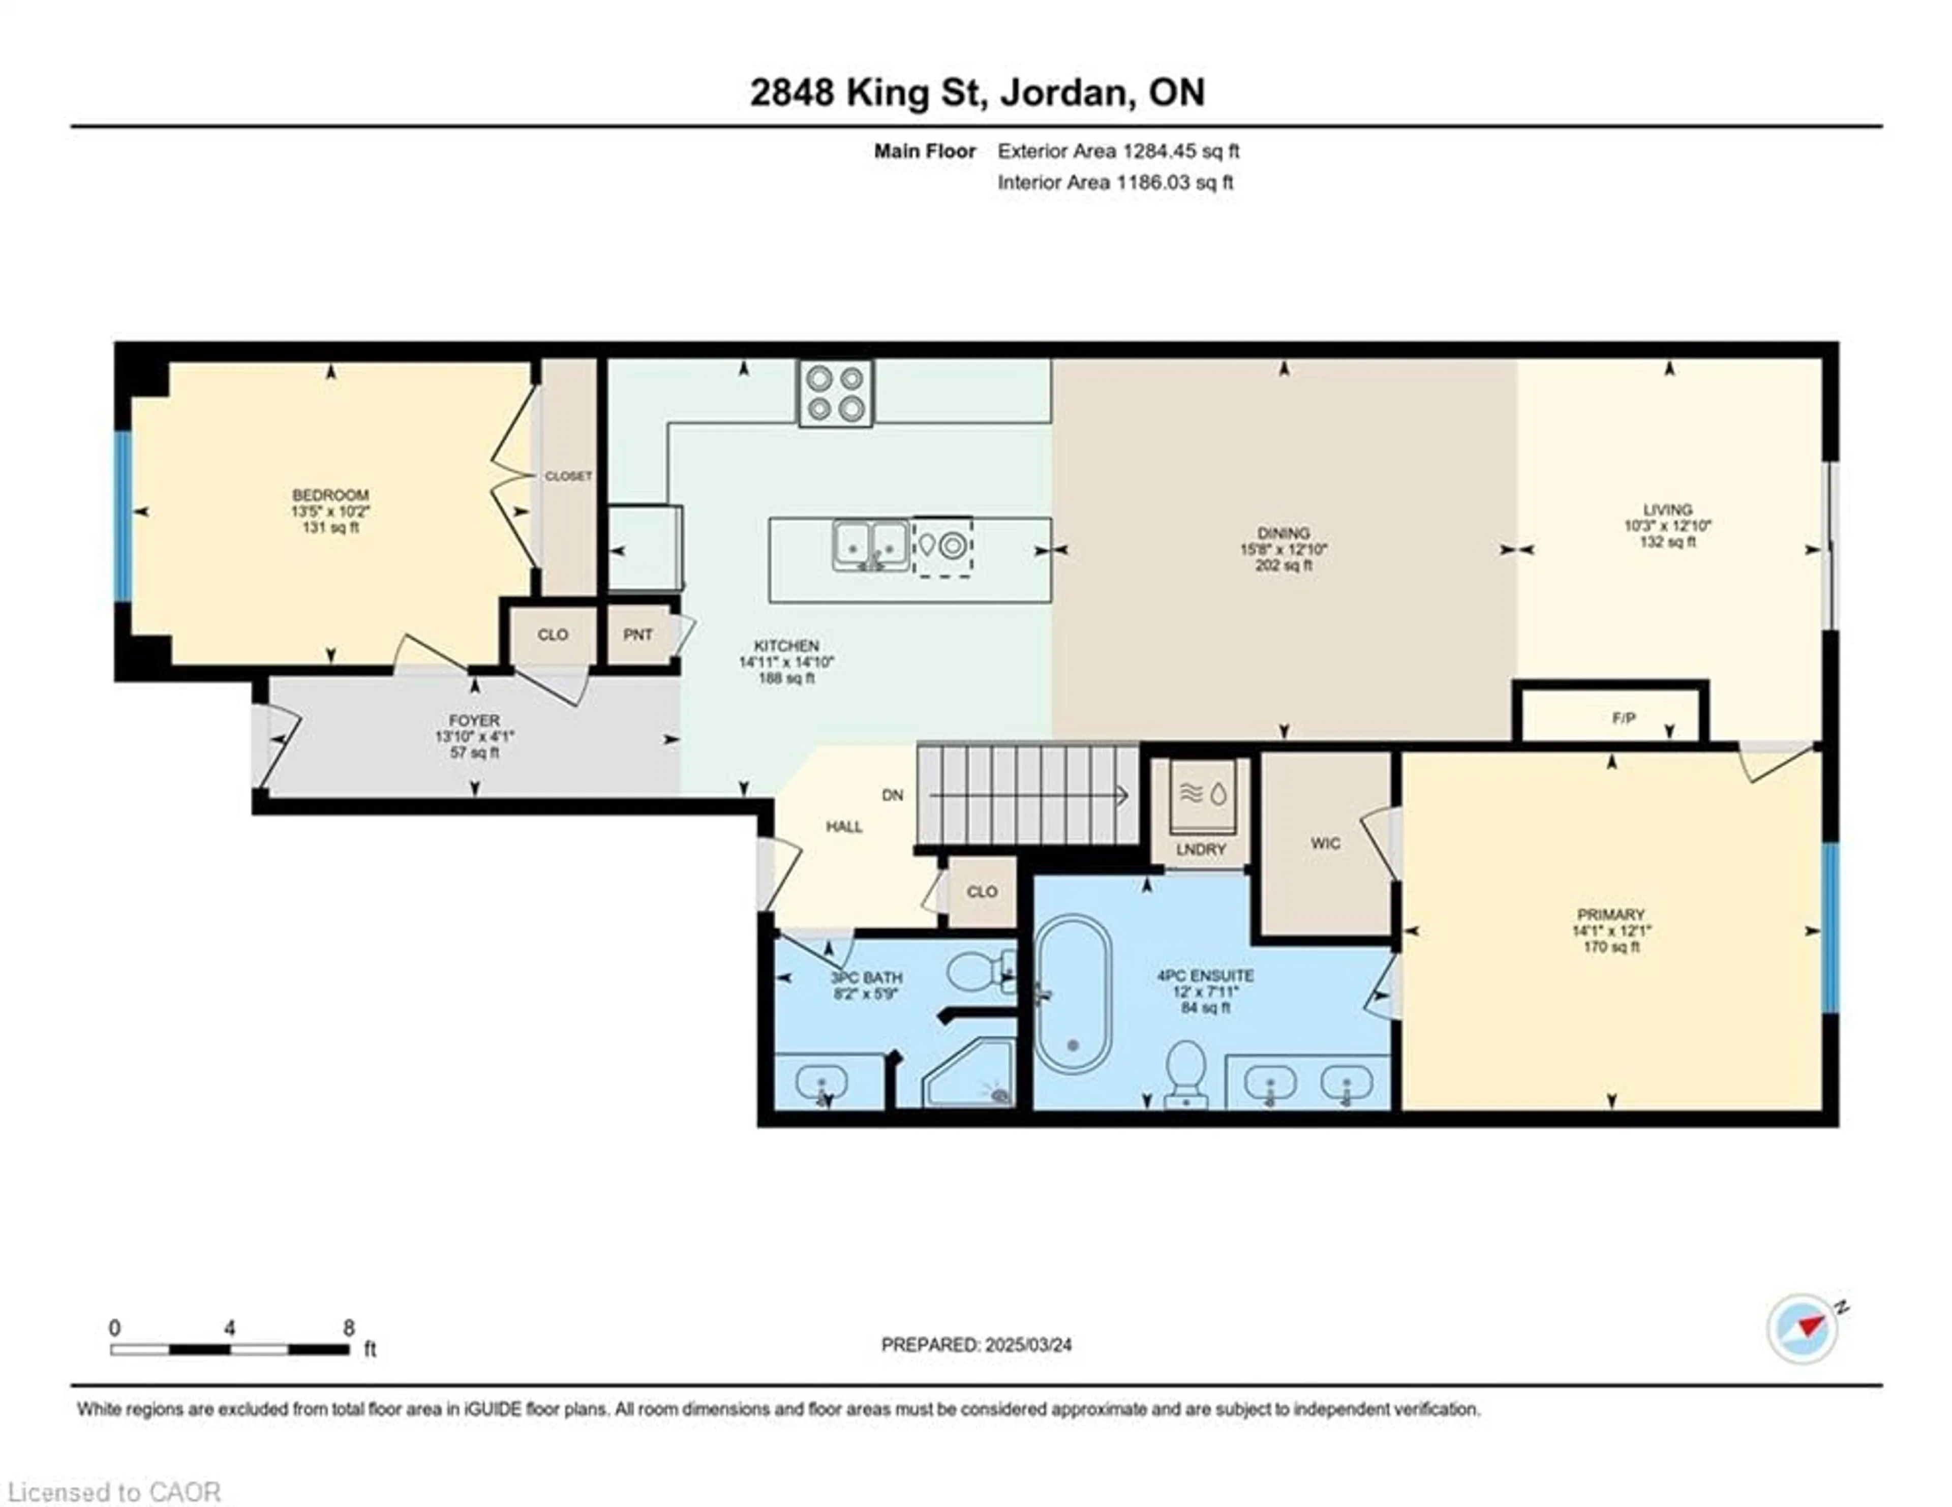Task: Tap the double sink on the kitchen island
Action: (x=871, y=545)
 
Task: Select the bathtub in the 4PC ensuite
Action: (x=1073, y=994)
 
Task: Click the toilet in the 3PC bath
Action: (x=976, y=971)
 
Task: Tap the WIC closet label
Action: (x=1325, y=843)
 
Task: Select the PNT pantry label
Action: (x=637, y=635)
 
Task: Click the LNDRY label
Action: (x=1200, y=849)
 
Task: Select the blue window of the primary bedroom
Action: (x=1829, y=928)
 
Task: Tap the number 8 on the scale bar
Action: (x=349, y=1328)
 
